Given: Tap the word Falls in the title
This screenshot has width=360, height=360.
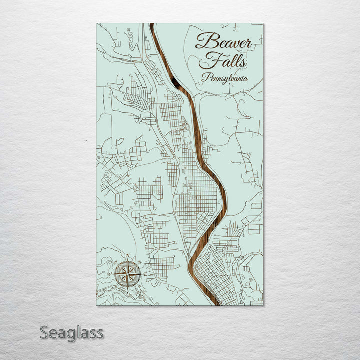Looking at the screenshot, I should (x=222, y=61).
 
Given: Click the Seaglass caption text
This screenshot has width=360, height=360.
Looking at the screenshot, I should (x=71, y=332).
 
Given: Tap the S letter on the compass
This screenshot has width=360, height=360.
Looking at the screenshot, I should (x=127, y=293).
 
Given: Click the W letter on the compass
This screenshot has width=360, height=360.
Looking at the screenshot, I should (x=108, y=274).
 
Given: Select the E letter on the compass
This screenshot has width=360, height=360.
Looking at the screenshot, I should (x=145, y=274).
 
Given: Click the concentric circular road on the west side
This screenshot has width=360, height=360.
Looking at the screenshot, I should (x=107, y=175).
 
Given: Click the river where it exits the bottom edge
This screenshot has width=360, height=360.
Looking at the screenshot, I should (x=208, y=303).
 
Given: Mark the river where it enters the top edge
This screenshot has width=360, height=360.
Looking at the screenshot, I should (x=151, y=25).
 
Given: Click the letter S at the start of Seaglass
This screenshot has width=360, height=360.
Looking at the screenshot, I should (x=44, y=332).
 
